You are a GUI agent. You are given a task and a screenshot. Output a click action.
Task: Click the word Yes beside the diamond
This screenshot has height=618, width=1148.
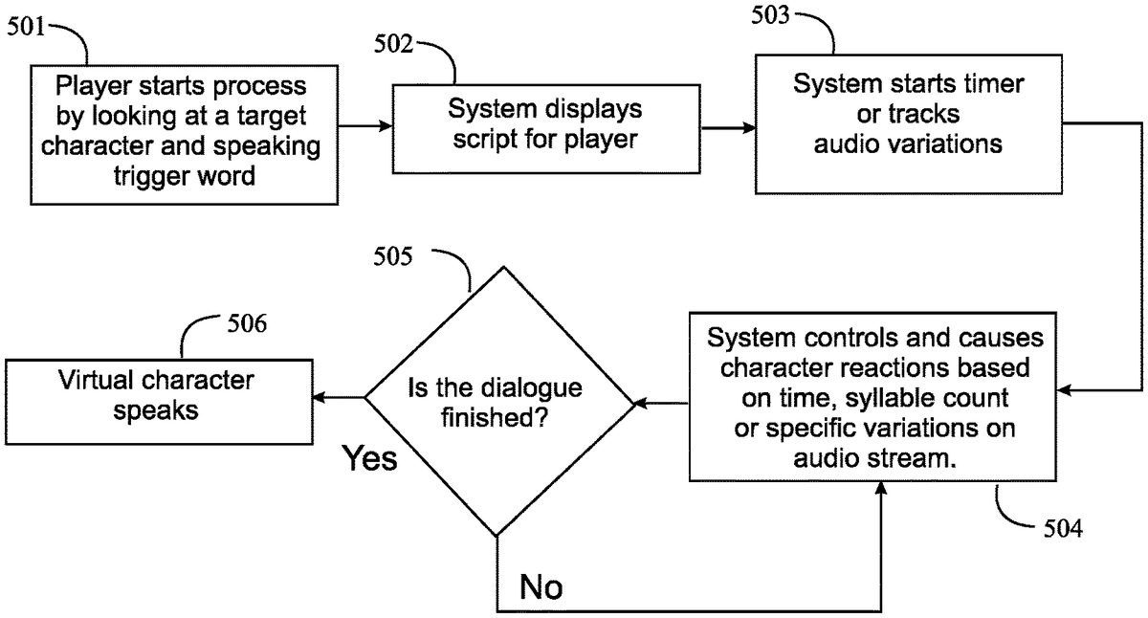(370, 458)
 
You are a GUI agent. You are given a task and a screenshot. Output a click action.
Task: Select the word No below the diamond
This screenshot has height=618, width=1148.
(541, 586)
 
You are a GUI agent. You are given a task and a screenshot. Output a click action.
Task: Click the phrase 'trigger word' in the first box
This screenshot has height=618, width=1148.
(182, 176)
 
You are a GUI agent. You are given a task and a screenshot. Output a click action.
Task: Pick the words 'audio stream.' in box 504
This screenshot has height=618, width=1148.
(875, 458)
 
